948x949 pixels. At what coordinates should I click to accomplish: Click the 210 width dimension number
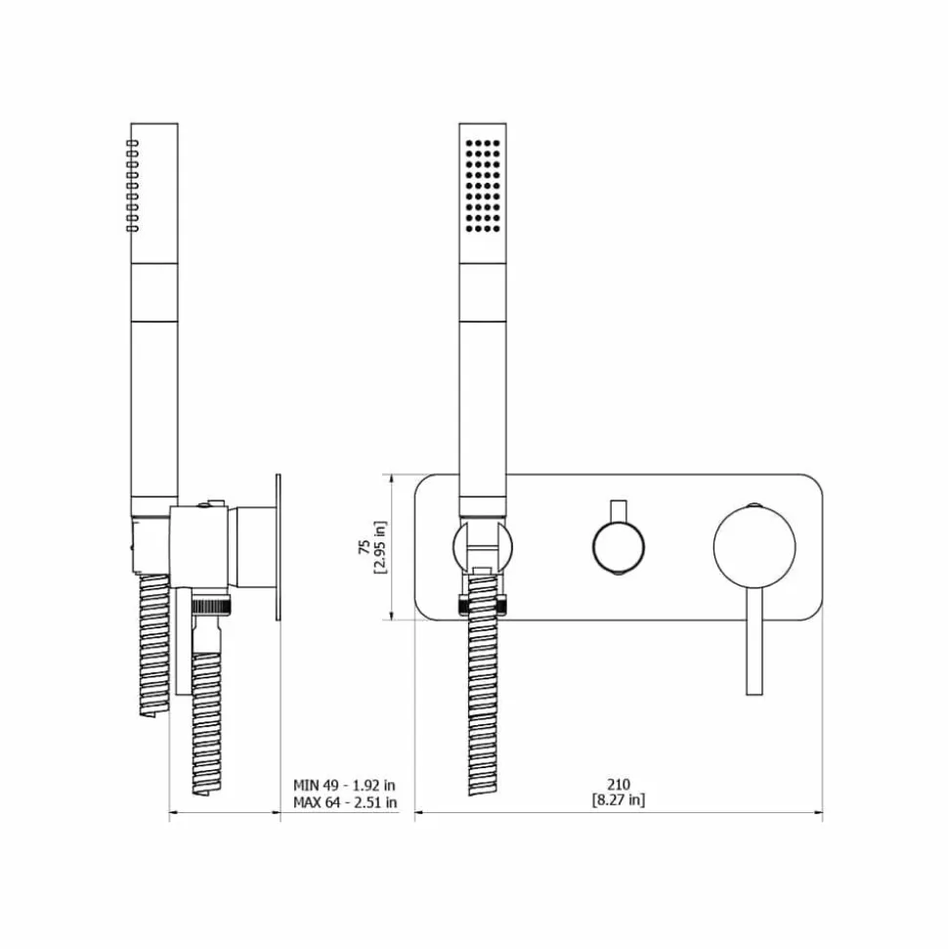click(x=618, y=784)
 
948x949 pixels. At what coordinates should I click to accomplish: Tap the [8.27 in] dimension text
click(x=618, y=800)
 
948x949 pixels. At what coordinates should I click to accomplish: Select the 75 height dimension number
click(x=365, y=547)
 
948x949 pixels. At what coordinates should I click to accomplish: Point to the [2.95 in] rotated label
click(x=380, y=547)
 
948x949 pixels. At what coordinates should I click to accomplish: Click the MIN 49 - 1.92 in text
click(x=344, y=785)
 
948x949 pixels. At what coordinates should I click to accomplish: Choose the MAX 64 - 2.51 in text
click(x=345, y=802)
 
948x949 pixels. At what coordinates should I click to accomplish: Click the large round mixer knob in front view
click(x=754, y=546)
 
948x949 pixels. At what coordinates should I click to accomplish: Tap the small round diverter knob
click(x=618, y=547)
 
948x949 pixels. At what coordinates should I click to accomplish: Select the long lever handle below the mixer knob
click(x=754, y=641)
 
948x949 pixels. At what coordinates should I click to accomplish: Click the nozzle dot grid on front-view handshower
click(x=483, y=187)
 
